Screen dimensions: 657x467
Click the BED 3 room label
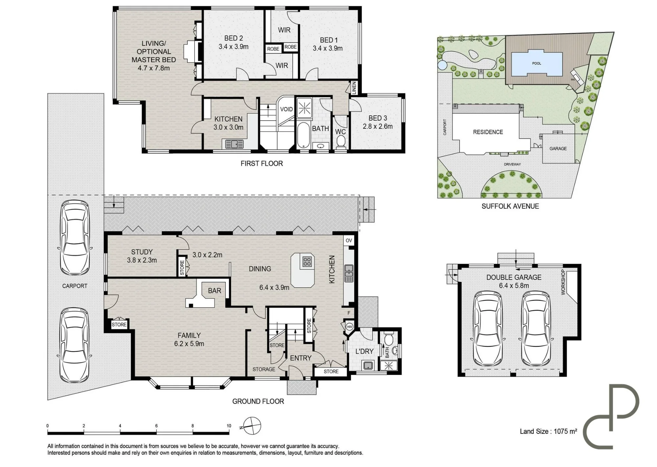pos(378,118)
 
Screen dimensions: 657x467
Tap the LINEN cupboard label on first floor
pos(354,88)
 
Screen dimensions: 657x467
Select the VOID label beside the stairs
pos(286,109)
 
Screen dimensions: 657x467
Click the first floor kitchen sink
pos(235,144)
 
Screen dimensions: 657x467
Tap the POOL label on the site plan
pos(536,63)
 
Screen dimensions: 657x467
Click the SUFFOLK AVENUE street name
pos(510,206)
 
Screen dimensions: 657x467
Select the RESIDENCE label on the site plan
pos(488,132)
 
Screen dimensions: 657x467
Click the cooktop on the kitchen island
pos(307,262)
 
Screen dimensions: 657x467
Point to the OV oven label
pos(349,241)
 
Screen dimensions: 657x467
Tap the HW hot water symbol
pos(349,327)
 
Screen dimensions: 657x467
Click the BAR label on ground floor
pos(215,291)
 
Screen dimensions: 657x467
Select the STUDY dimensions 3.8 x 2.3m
pos(142,260)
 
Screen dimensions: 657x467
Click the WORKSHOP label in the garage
pos(563,282)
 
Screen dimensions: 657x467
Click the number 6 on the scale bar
pos(156,426)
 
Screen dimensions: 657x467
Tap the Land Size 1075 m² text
pos(548,432)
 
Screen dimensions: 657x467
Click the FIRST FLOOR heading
pos(261,164)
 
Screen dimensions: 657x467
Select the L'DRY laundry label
pos(364,352)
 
